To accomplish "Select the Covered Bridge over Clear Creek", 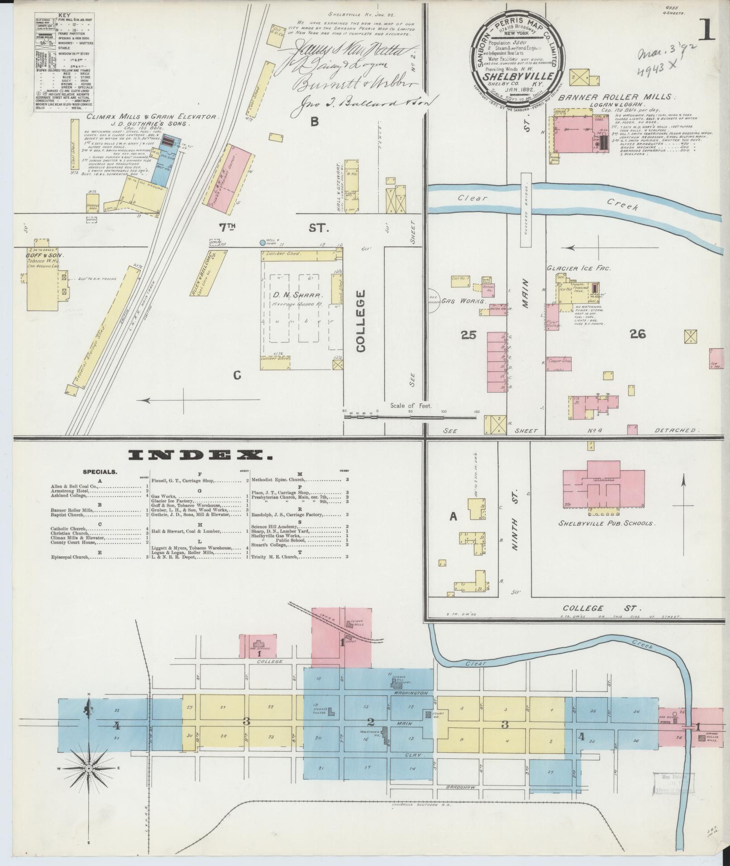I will [x=525, y=211].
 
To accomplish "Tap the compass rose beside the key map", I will [x=89, y=769].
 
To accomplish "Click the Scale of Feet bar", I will [x=410, y=414].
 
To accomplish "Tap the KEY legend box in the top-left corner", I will [x=64, y=64].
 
